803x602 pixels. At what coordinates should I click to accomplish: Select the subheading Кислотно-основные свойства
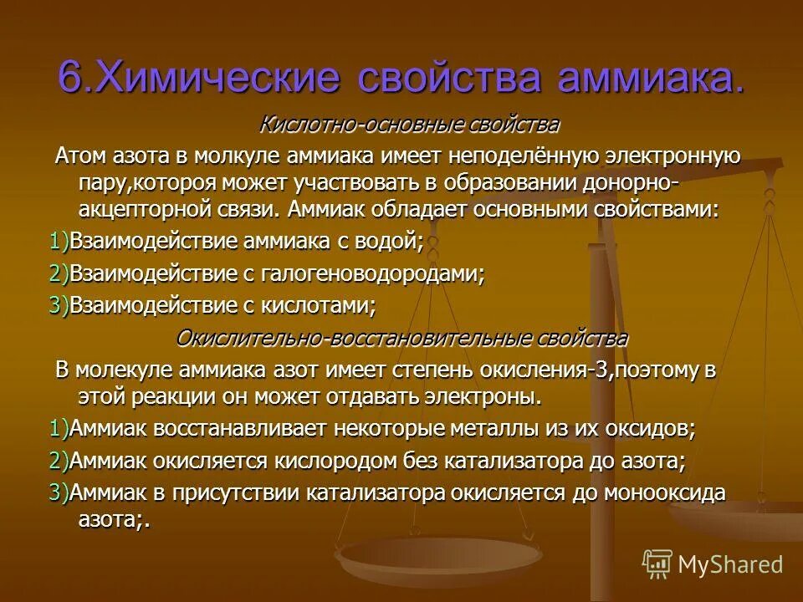click(x=409, y=125)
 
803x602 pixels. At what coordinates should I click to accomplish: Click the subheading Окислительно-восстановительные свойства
click(x=401, y=338)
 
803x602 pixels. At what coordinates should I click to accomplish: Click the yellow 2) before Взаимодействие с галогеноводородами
click(x=59, y=273)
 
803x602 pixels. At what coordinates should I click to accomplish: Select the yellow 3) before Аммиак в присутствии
click(x=59, y=492)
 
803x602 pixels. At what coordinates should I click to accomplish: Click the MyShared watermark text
click(x=729, y=564)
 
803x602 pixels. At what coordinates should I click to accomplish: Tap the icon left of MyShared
click(x=657, y=564)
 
